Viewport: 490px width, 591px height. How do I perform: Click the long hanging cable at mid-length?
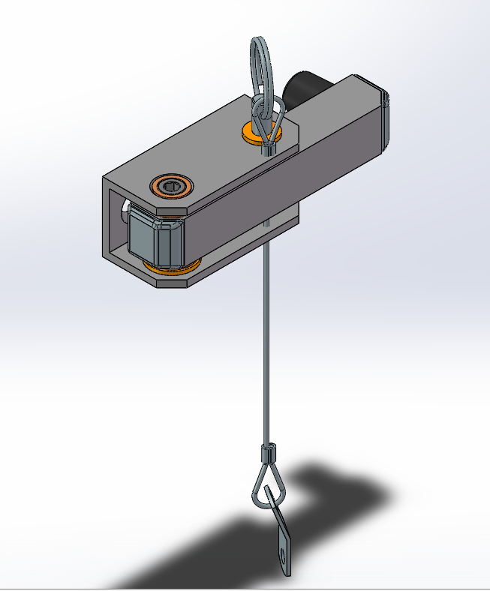[x=266, y=337]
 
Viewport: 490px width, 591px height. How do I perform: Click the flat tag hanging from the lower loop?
[x=281, y=536]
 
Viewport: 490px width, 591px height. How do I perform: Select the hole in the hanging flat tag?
[x=283, y=556]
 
